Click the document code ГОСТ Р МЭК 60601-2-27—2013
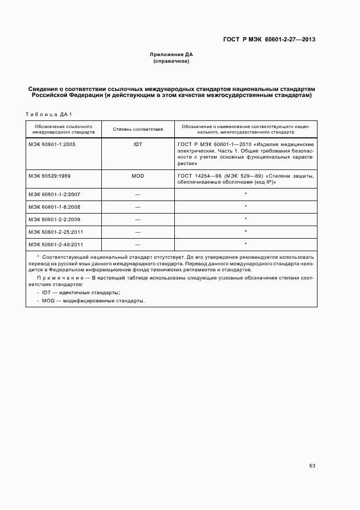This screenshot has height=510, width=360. pos(270,39)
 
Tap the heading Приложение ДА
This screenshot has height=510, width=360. pos(172,55)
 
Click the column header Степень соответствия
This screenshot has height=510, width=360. pos(138,129)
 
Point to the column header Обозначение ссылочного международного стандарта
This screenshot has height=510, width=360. pos(64,129)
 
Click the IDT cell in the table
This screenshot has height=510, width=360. pos(138,144)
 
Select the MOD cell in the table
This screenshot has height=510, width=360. pos(138,176)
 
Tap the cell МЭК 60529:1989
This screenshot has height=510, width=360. pos(51,176)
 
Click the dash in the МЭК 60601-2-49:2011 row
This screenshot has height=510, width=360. pos(138,245)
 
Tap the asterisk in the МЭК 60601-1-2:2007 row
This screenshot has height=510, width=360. pos(246,194)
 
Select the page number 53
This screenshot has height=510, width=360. pos(312,466)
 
